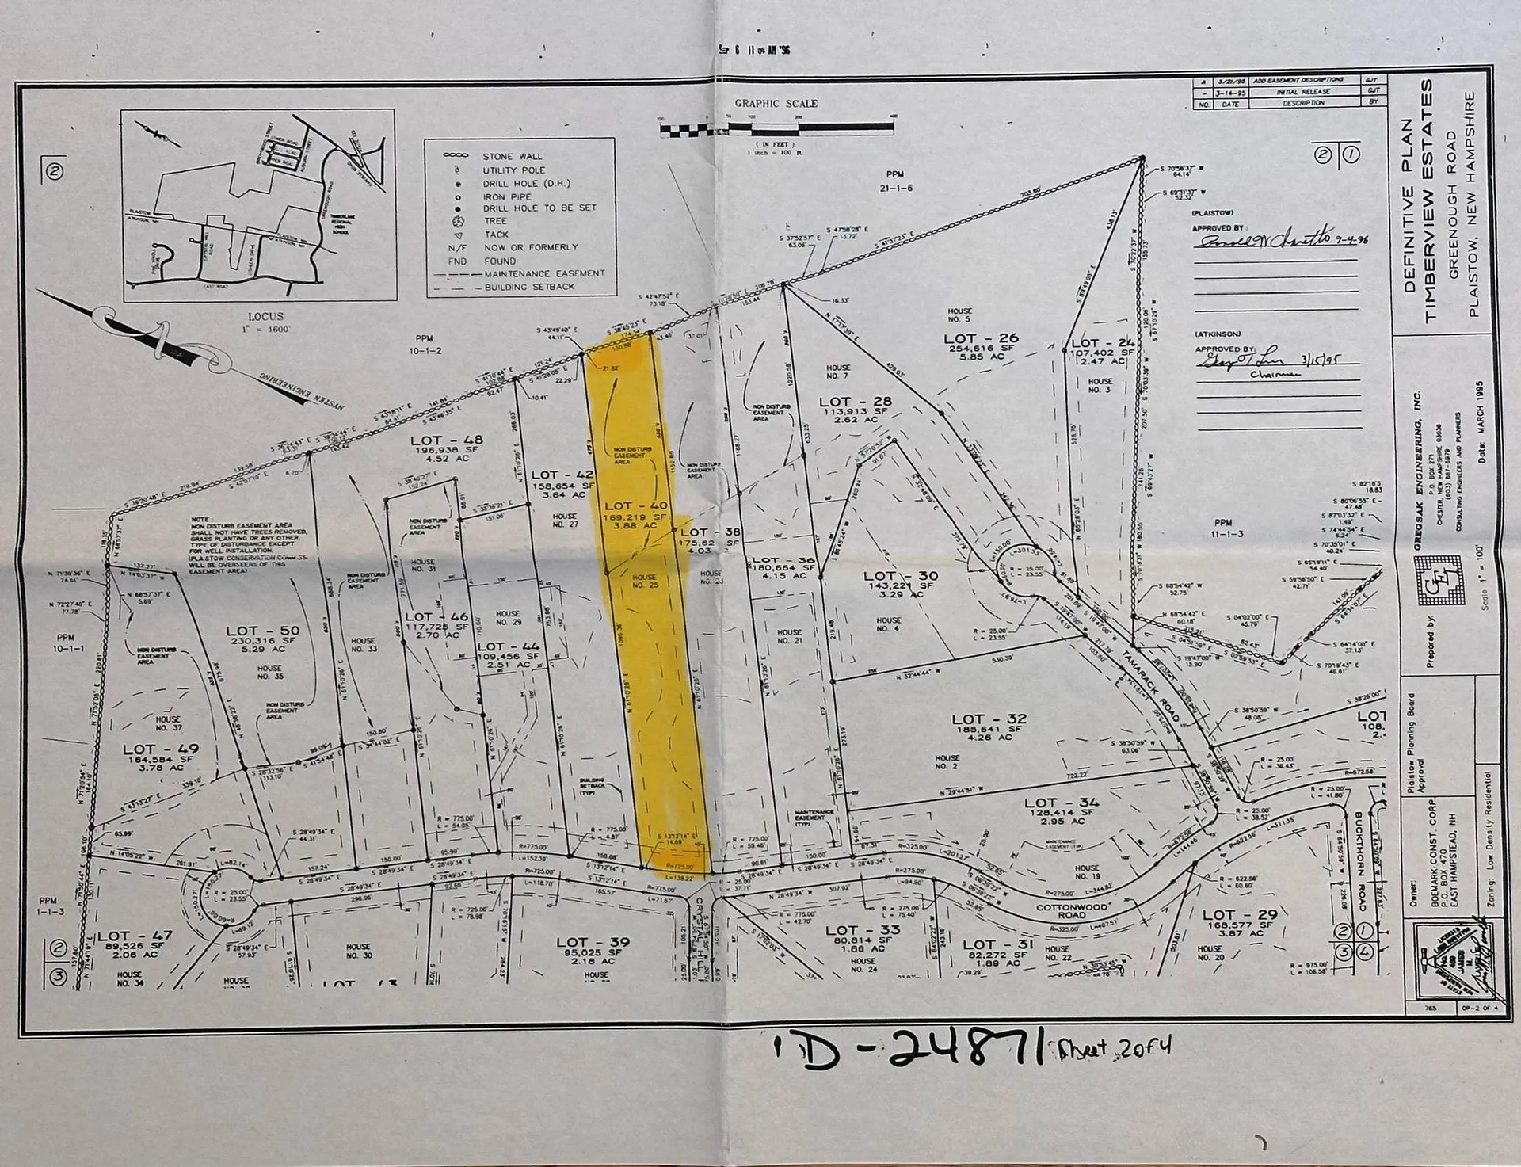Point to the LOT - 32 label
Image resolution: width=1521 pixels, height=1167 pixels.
tap(989, 719)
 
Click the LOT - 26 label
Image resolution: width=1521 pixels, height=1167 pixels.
tap(981, 338)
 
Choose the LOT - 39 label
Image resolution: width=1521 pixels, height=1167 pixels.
tap(593, 942)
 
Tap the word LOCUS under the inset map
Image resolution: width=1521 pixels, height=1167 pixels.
tap(265, 316)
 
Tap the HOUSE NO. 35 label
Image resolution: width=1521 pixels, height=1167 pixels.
tap(269, 673)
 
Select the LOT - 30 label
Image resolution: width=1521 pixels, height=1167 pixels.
tap(900, 576)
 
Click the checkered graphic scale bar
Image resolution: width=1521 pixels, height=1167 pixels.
tap(776, 127)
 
